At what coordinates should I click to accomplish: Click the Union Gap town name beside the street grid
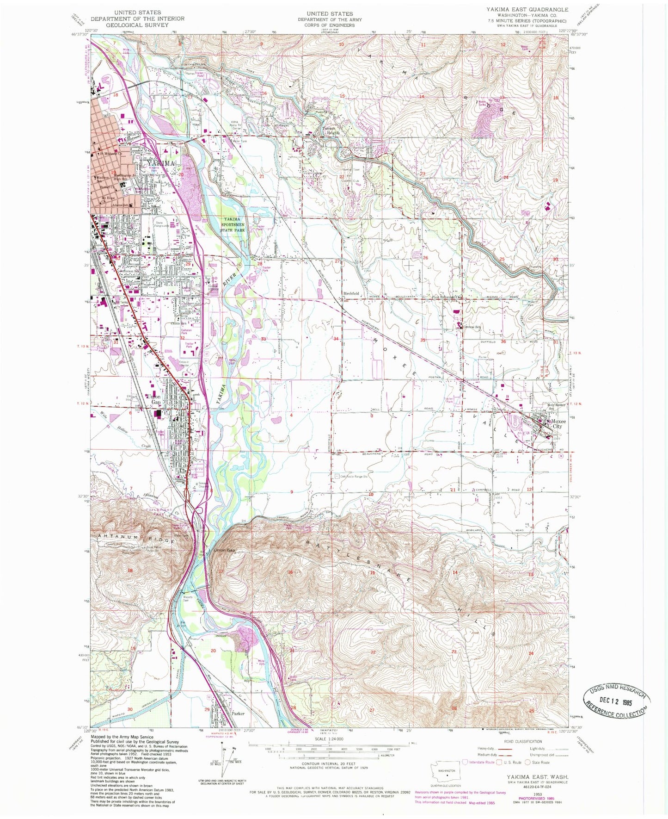tap(154, 399)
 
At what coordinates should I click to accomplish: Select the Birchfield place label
tap(351, 293)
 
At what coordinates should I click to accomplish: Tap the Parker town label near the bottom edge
tap(238, 713)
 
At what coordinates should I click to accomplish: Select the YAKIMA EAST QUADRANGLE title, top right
tap(527, 10)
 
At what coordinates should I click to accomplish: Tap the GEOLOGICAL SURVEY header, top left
tap(137, 25)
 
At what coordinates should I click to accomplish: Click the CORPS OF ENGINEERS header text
tap(329, 25)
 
